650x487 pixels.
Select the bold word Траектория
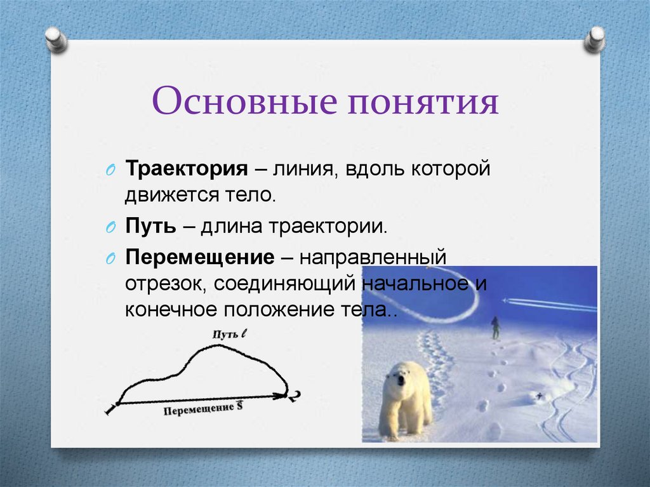(186, 170)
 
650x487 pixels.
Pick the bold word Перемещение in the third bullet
(199, 258)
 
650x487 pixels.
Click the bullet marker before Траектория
(110, 171)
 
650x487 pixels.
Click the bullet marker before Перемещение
(110, 260)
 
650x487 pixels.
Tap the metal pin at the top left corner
(56, 39)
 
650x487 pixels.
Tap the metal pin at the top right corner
(595, 39)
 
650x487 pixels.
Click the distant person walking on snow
(494, 328)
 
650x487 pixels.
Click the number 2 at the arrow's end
(295, 396)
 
